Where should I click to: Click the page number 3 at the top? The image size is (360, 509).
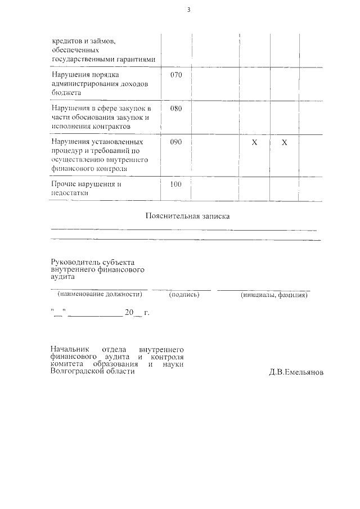(189, 10)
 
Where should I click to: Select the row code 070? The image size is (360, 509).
(176, 75)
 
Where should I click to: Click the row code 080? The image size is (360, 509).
(176, 109)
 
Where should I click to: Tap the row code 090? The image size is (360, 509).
(176, 142)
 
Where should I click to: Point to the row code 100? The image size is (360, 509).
(176, 184)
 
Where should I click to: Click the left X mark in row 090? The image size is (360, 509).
(254, 143)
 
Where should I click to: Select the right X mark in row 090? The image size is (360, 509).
(284, 143)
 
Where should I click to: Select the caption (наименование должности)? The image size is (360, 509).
(100, 294)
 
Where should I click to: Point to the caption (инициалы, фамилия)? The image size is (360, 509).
(274, 295)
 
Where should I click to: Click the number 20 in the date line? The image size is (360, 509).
(129, 313)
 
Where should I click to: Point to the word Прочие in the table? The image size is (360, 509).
(64, 184)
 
